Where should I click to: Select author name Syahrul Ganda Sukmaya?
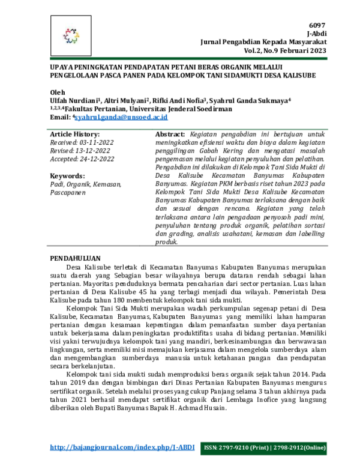point(251,100)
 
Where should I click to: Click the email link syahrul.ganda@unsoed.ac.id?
point(113,118)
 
